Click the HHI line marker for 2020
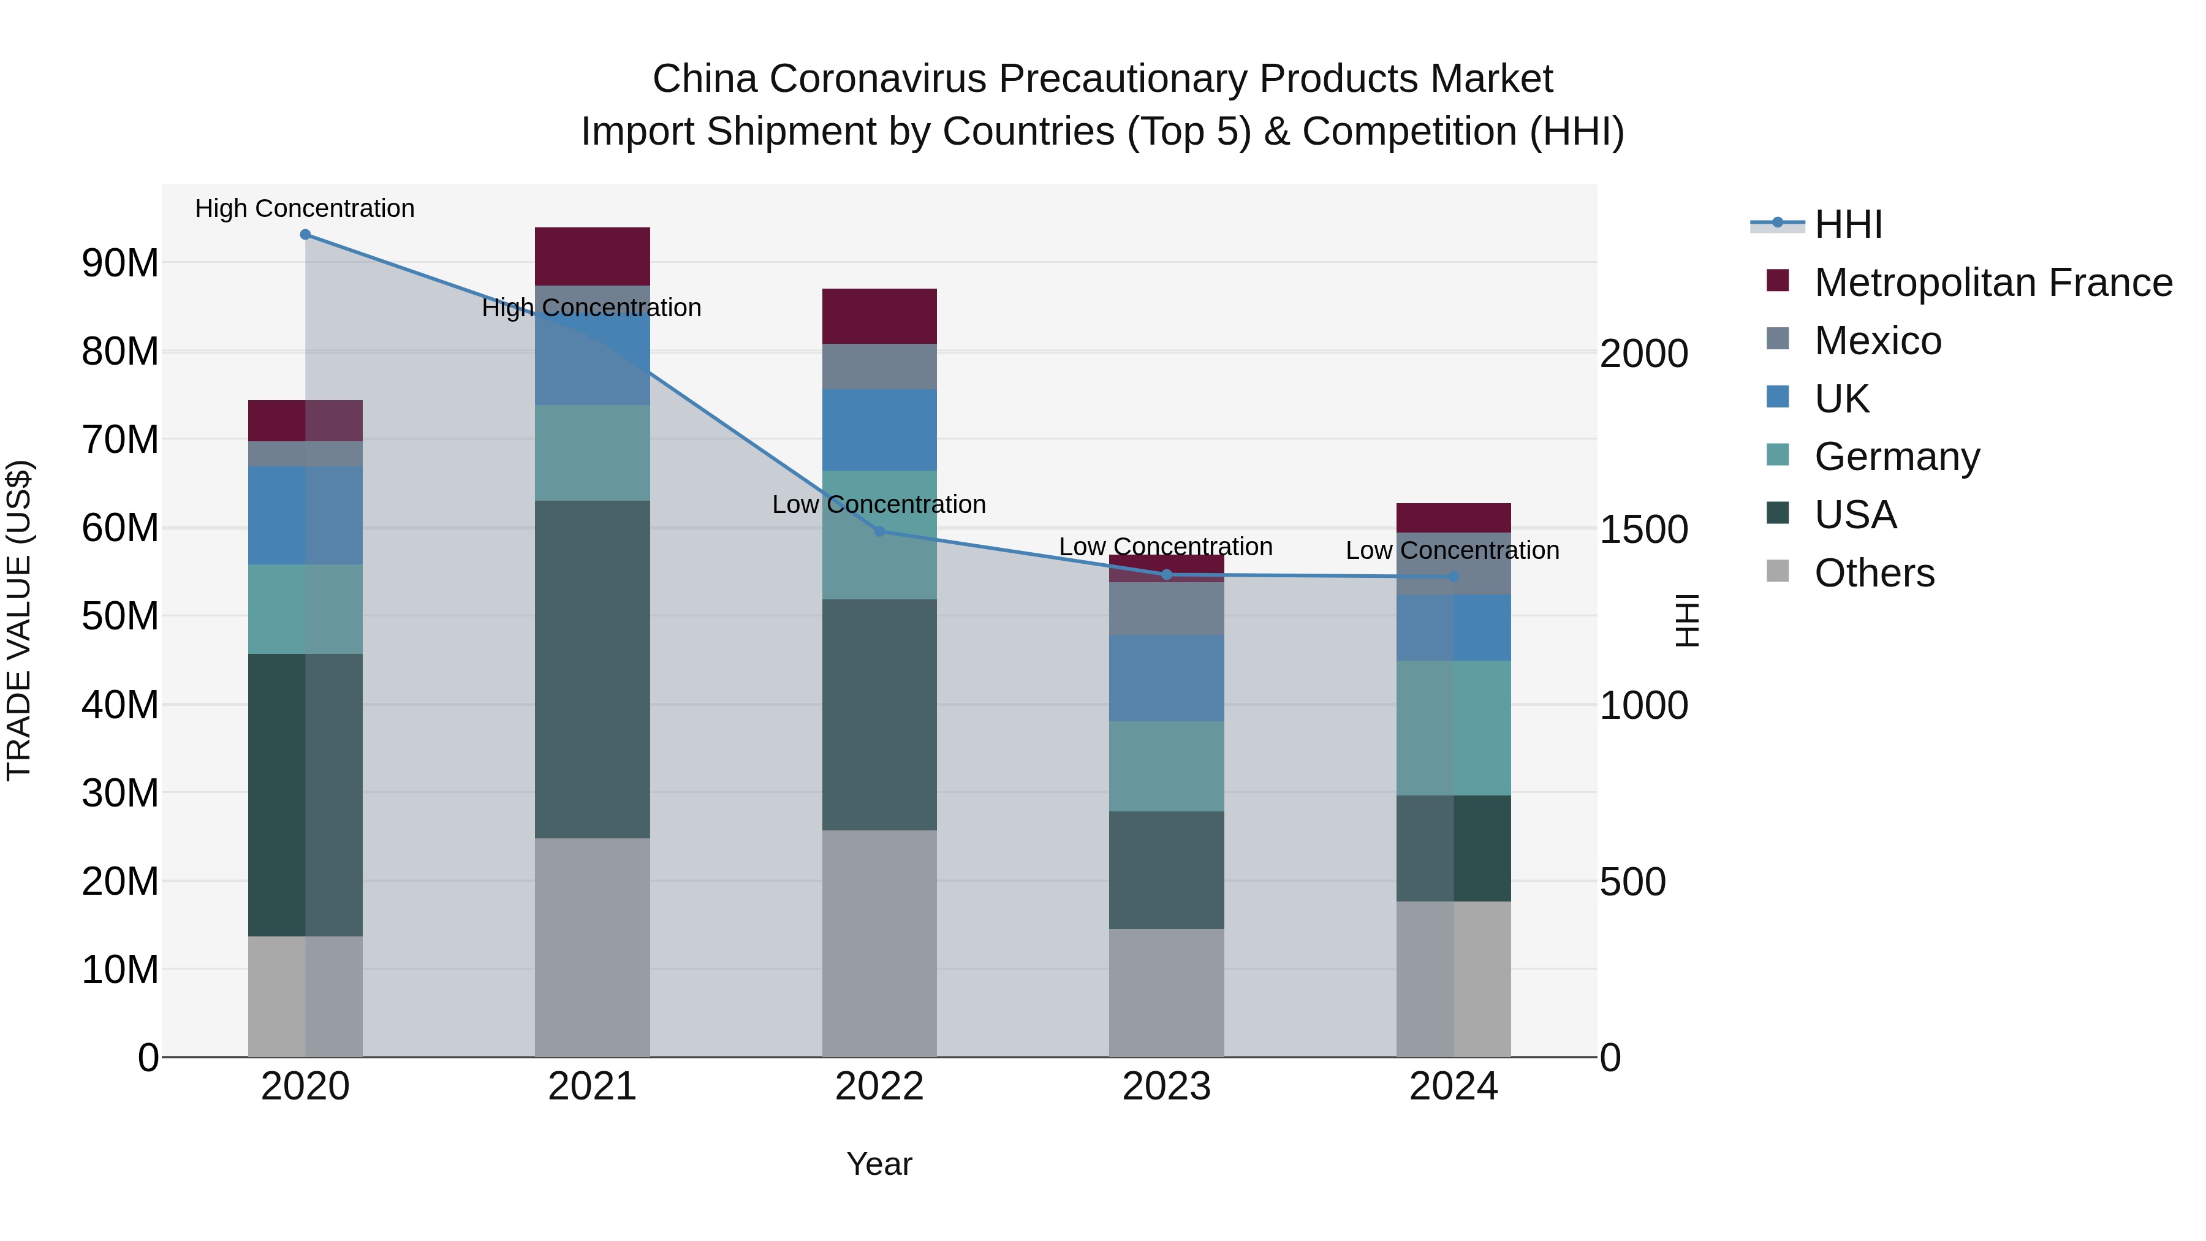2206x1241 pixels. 305,235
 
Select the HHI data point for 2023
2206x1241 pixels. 1166,575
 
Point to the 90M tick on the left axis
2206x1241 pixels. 120,263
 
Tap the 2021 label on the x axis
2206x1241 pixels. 592,1087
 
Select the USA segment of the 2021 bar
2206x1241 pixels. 592,668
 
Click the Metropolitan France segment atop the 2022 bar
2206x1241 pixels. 879,316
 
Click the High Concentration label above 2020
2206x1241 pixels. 305,208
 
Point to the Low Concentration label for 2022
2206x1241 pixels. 879,504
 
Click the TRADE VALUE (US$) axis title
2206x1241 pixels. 19,620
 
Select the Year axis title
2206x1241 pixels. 879,1164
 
